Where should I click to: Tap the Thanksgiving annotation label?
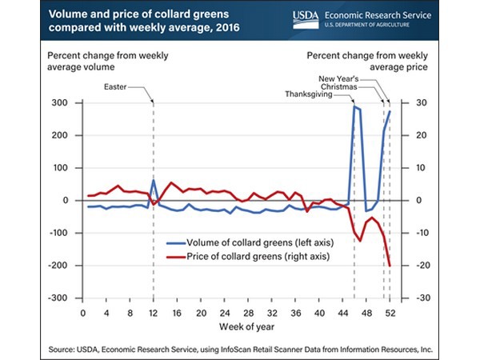[x=327, y=94]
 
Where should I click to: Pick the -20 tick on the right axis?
[x=408, y=265]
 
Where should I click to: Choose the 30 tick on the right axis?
[x=407, y=103]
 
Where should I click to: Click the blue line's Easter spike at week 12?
[x=153, y=180]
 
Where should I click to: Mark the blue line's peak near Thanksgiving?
[x=354, y=106]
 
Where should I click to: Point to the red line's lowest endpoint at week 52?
[x=390, y=266]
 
